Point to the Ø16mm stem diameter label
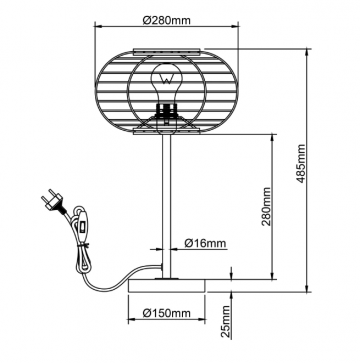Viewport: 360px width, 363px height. [206, 242]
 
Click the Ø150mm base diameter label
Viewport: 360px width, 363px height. [165, 313]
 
